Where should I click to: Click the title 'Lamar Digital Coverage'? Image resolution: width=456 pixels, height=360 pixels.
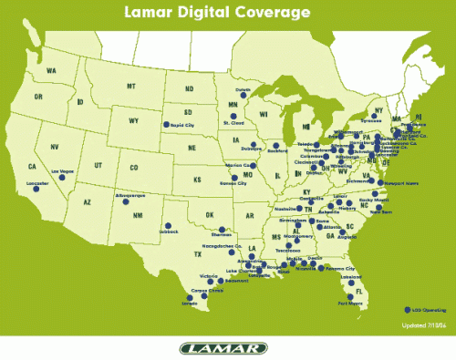pyautogui.click(x=227, y=14)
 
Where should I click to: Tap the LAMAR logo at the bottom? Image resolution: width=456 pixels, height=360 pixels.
pyautogui.click(x=227, y=347)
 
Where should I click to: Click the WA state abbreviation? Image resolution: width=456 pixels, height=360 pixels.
pyautogui.click(x=51, y=70)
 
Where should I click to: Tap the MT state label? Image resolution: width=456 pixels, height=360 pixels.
pyautogui.click(x=130, y=87)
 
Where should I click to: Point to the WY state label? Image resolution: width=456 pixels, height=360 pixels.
pyautogui.click(x=133, y=120)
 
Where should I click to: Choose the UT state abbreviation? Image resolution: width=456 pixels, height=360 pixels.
pyautogui.click(x=98, y=165)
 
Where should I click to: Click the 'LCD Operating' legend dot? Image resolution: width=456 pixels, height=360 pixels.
pyautogui.click(x=405, y=308)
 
